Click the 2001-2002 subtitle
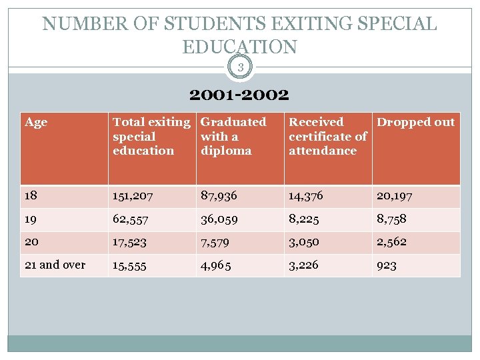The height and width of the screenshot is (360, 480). point(239,95)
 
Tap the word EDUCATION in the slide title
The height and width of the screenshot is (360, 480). point(239,47)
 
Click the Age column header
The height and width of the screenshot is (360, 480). point(36,122)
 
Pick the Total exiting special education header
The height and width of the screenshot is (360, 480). point(151,136)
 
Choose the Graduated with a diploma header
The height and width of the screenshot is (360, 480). point(233,136)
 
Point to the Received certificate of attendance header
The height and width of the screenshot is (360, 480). point(327,136)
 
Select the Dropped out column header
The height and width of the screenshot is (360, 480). point(415,122)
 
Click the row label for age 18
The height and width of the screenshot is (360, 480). point(31,196)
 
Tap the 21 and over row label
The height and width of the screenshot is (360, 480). point(55,265)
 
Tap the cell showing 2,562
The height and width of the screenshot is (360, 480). point(391,242)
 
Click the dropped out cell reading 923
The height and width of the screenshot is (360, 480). point(387,265)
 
